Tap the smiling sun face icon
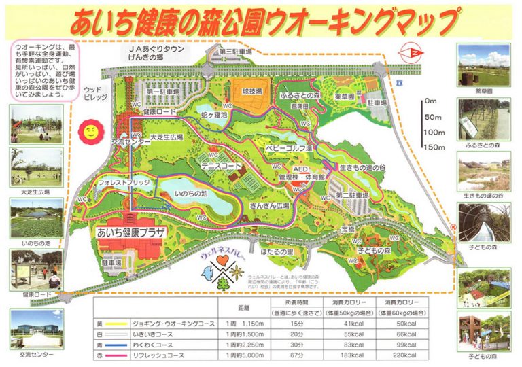[88, 131]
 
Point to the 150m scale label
[434, 147]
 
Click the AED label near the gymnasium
[300, 168]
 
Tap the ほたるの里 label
[277, 251]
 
